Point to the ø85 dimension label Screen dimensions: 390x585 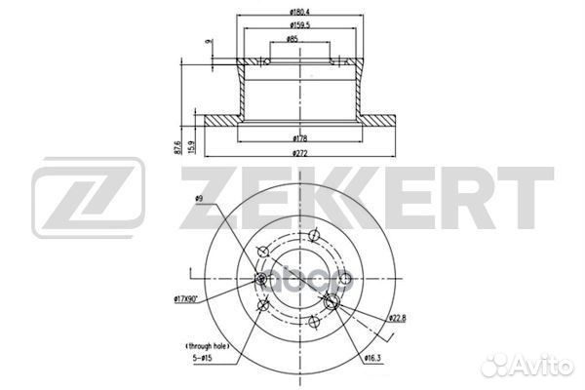[292, 40]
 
